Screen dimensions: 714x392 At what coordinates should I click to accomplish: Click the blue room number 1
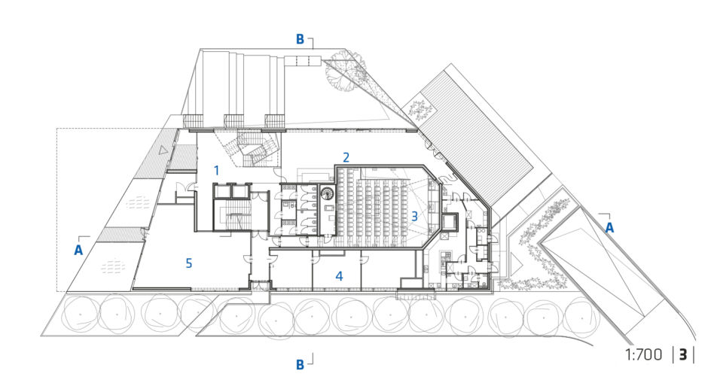(x=217, y=171)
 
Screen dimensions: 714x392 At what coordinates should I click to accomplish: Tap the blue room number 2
(x=346, y=157)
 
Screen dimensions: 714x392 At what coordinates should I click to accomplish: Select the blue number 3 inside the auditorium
(x=414, y=215)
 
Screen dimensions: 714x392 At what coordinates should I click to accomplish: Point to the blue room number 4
(x=339, y=275)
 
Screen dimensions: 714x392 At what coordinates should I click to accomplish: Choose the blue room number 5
(x=188, y=263)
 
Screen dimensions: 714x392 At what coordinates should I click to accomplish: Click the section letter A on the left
(x=78, y=250)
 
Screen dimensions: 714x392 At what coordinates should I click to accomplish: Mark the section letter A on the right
(x=609, y=227)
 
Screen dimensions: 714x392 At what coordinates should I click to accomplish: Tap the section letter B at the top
(x=300, y=39)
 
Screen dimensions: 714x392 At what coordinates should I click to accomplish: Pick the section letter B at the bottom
(x=300, y=365)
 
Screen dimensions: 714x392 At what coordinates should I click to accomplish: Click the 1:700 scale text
(x=643, y=354)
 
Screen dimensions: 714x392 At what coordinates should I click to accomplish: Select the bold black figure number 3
(x=683, y=354)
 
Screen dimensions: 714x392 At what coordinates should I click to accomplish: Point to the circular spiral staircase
(x=327, y=194)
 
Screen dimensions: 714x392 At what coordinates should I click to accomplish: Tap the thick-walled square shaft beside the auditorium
(x=449, y=222)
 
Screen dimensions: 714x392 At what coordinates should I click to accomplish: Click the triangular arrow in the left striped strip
(x=163, y=149)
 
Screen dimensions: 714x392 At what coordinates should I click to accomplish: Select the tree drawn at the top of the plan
(x=346, y=71)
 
